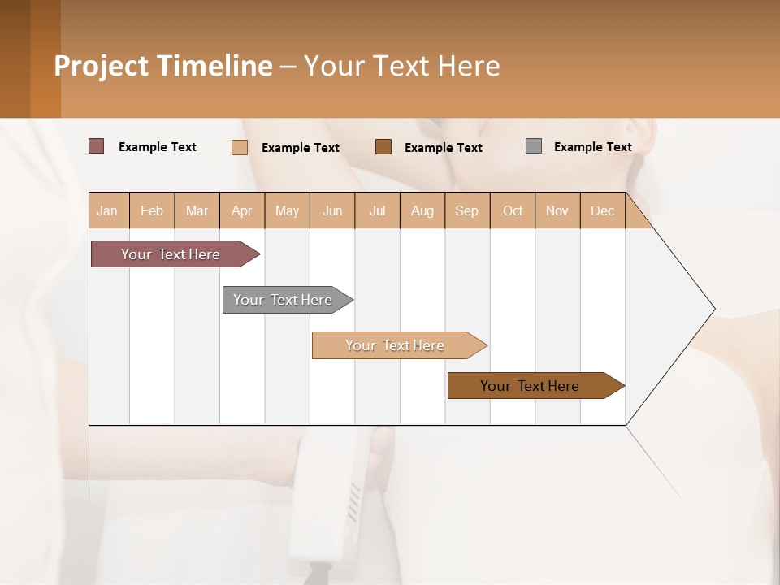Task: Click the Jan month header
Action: [108, 210]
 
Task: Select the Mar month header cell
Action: [197, 210]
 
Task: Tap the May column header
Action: [287, 210]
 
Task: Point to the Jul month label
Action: [377, 210]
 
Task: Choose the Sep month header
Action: [466, 210]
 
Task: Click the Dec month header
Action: [602, 210]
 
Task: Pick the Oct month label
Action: [513, 210]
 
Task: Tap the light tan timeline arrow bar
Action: [396, 345]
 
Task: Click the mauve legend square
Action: [97, 146]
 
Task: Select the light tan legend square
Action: [240, 147]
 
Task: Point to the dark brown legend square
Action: [383, 146]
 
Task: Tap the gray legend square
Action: [534, 146]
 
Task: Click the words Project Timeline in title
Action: [163, 66]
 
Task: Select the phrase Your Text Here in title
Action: [401, 66]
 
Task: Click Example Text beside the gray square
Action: [592, 146]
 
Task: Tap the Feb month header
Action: [152, 210]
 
